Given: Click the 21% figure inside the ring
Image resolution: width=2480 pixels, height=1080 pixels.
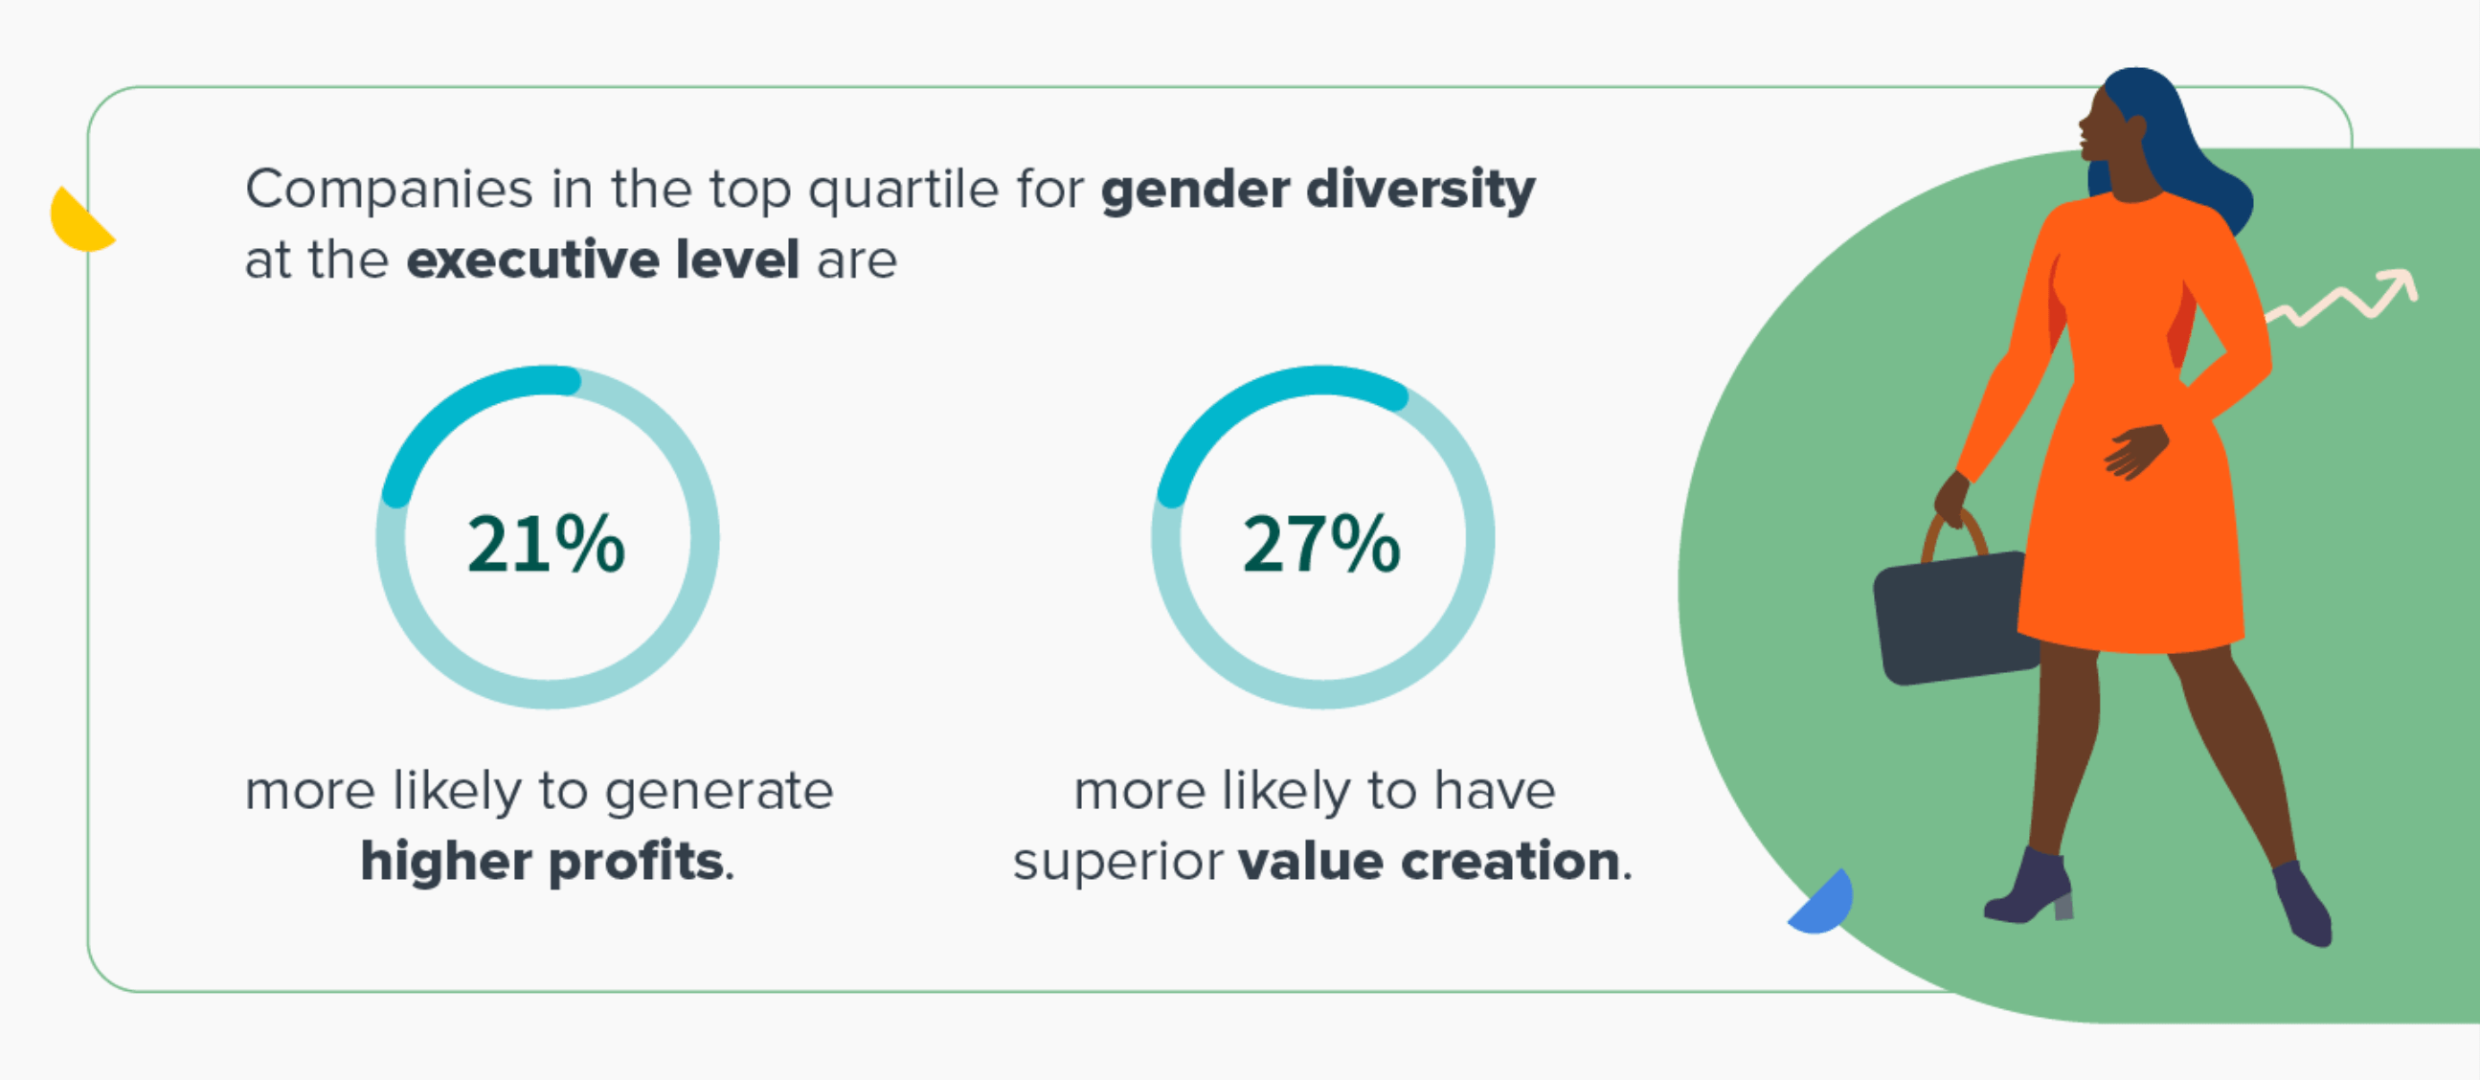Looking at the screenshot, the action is (x=546, y=544).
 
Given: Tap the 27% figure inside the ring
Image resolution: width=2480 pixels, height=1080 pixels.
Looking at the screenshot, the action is (x=1320, y=544).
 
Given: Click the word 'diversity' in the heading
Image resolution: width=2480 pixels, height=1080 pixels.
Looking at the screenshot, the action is (x=1421, y=190).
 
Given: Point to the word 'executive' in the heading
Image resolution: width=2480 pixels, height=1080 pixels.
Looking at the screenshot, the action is (x=533, y=259).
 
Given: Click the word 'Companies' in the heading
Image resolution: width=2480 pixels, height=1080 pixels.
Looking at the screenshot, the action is (x=389, y=191).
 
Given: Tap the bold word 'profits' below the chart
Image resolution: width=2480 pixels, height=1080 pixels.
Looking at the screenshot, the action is (x=637, y=861).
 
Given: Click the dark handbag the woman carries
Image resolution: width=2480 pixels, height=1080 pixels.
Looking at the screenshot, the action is (x=1954, y=618).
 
